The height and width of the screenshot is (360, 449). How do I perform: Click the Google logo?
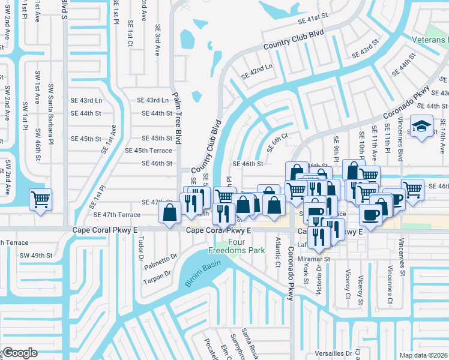tap(19, 353)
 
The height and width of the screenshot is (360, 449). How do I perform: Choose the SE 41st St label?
tap(315, 20)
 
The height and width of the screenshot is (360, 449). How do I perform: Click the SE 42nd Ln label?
tap(257, 73)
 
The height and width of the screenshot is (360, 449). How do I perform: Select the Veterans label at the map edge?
tap(430, 40)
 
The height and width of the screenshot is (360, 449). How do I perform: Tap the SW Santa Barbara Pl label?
tap(52, 107)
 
